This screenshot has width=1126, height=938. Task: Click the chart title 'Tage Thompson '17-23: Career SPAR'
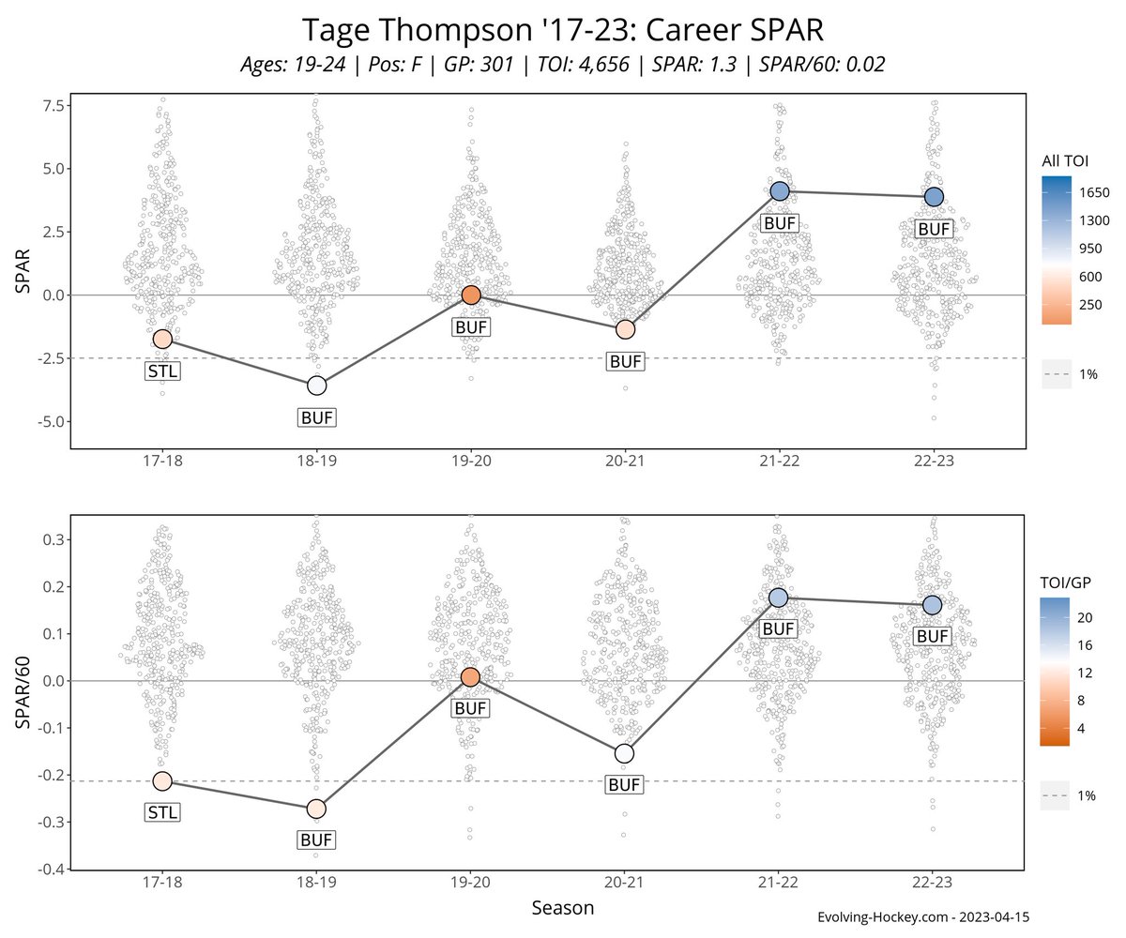pyautogui.click(x=563, y=30)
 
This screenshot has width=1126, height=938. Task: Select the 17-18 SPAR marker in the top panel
pyautogui.click(x=162, y=339)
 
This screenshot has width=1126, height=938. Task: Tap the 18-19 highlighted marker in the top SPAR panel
pyautogui.click(x=316, y=386)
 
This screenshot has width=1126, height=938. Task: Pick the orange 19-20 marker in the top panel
pyautogui.click(x=471, y=295)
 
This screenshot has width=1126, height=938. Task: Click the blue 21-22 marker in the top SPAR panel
pyautogui.click(x=779, y=191)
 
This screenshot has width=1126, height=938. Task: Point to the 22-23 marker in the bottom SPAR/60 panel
pyautogui.click(x=932, y=605)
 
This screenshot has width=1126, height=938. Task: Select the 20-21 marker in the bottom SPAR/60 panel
pyautogui.click(x=624, y=753)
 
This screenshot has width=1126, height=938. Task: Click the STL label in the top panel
pyautogui.click(x=162, y=371)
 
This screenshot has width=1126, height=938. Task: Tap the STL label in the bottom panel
pyautogui.click(x=162, y=812)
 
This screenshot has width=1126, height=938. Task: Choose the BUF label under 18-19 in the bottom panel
pyautogui.click(x=316, y=840)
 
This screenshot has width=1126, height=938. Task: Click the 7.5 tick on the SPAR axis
pyautogui.click(x=50, y=105)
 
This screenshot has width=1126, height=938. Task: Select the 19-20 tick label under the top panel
pyautogui.click(x=471, y=463)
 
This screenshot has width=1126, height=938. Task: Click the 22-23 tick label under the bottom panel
pyautogui.click(x=932, y=885)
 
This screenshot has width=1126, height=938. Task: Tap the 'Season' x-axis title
pyautogui.click(x=562, y=908)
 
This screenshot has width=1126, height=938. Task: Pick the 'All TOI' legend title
pyautogui.click(x=1064, y=161)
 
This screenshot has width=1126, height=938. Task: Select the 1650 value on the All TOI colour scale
pyautogui.click(x=1094, y=192)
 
